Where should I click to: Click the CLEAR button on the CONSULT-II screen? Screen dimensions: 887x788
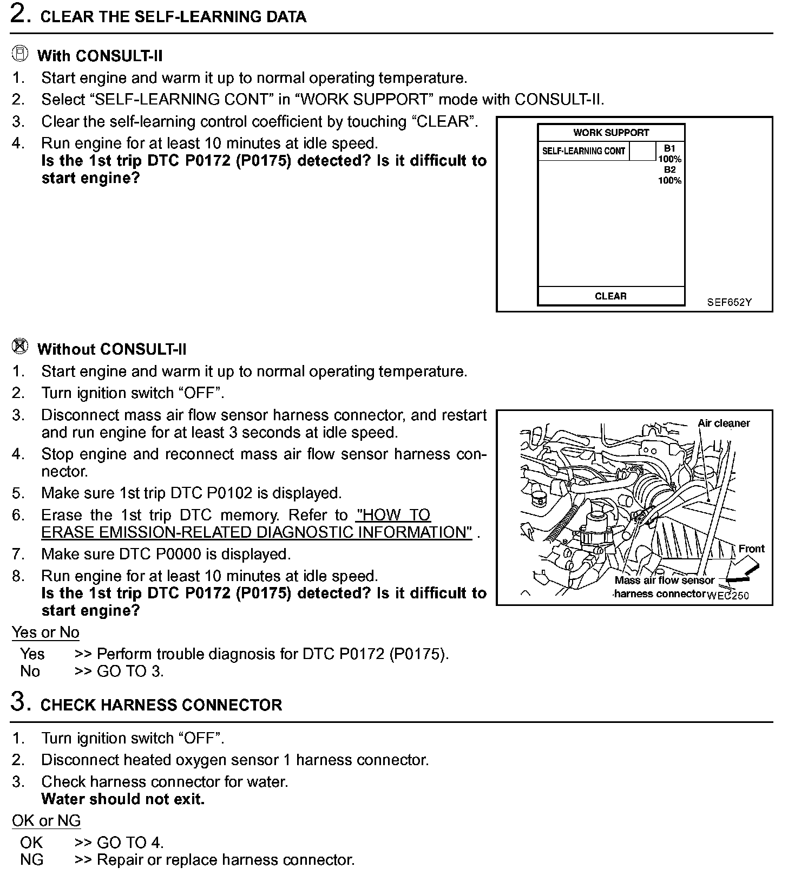[610, 296]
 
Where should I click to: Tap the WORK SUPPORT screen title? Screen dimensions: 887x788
[611, 133]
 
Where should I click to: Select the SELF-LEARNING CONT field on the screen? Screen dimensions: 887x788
[583, 151]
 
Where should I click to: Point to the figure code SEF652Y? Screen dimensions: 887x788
[729, 302]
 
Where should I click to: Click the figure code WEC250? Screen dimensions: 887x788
[728, 596]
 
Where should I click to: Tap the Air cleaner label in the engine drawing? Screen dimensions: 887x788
[724, 423]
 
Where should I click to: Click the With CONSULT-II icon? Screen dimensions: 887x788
[20, 54]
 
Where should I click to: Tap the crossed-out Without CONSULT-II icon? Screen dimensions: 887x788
[20, 347]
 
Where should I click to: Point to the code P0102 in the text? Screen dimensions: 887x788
[229, 493]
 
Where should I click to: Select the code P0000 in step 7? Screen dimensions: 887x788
[187, 554]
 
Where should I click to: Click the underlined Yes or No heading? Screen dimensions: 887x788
[45, 632]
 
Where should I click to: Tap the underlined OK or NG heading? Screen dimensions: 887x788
[46, 820]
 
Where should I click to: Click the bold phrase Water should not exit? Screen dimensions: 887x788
[123, 799]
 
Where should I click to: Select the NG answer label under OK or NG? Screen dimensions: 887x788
[31, 859]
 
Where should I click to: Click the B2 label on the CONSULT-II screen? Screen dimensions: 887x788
[669, 170]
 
